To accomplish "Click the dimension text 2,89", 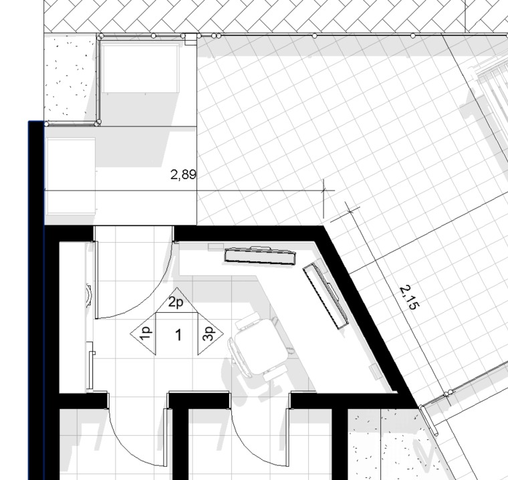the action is pos(183,175).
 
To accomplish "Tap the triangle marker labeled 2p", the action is pos(176,300).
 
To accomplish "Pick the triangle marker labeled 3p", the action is pos(211,334).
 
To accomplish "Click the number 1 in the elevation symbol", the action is pos(178,335).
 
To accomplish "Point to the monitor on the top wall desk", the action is pos(260,255).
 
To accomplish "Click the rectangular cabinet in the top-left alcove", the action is pos(140,68).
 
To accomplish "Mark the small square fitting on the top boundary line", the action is pos(190,39).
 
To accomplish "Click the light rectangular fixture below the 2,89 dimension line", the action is pos(71,176).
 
